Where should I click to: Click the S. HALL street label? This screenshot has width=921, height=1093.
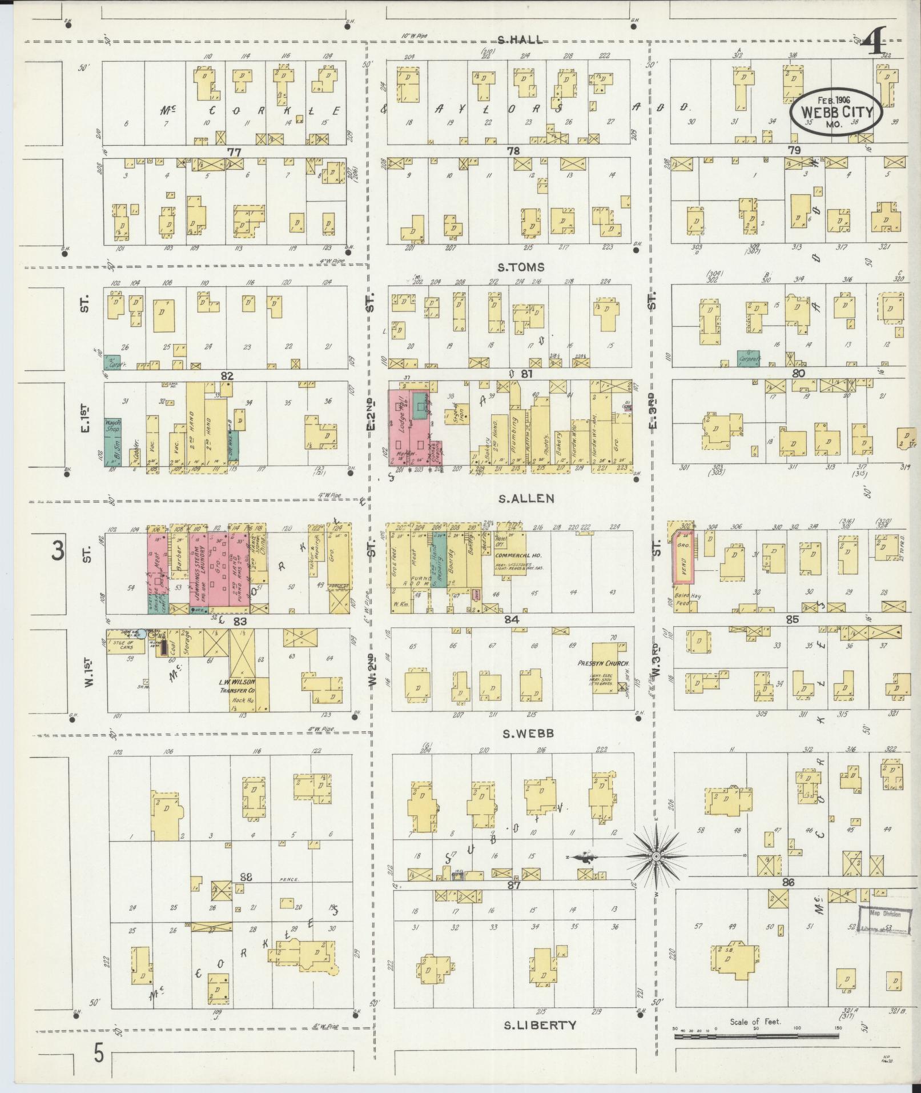tap(519, 40)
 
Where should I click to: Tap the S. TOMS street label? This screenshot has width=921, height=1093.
tap(521, 267)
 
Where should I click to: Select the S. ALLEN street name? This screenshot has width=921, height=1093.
tap(526, 498)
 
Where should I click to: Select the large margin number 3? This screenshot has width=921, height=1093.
tap(58, 552)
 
